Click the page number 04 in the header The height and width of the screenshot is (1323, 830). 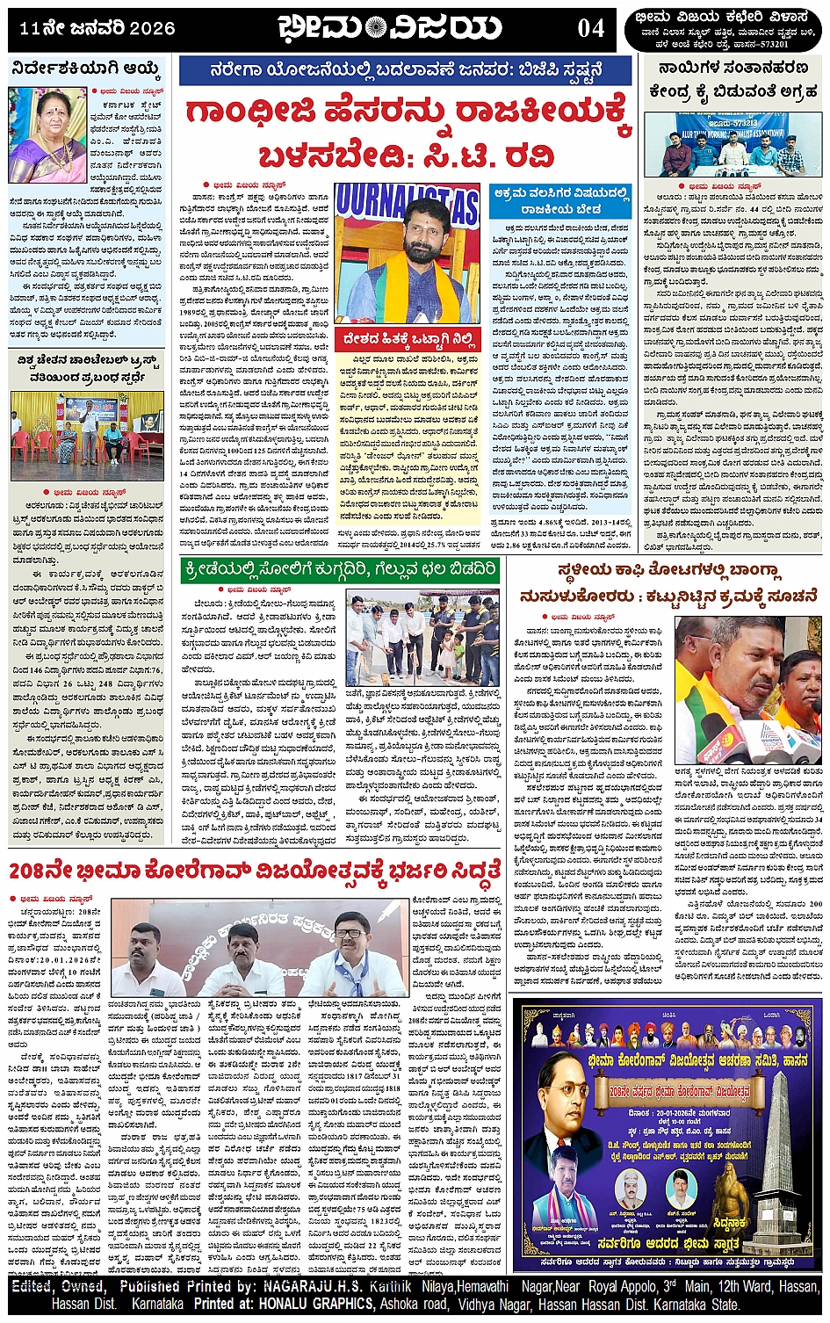point(590,28)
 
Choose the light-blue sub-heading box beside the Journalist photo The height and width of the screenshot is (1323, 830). point(560,201)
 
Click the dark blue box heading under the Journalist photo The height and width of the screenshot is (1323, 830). point(411,338)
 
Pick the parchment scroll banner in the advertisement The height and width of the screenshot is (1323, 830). point(673,1093)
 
